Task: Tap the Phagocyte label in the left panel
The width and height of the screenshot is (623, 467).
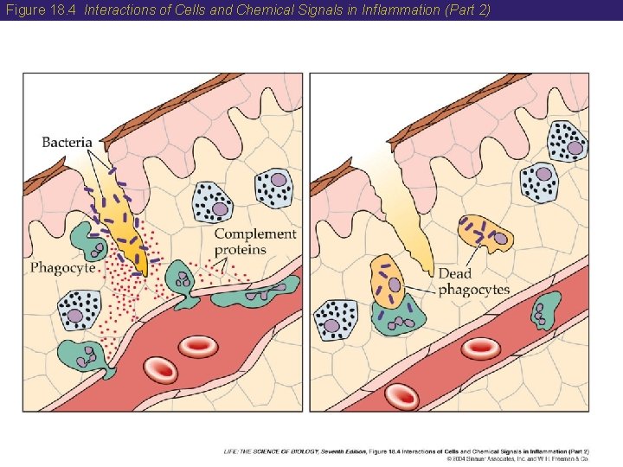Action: pyautogui.click(x=62, y=267)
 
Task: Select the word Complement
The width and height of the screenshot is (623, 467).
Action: pyautogui.click(x=255, y=234)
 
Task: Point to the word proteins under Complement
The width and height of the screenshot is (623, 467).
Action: pyautogui.click(x=241, y=250)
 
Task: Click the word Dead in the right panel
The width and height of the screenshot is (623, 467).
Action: pyautogui.click(x=455, y=274)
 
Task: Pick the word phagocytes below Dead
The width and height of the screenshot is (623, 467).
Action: pyautogui.click(x=473, y=290)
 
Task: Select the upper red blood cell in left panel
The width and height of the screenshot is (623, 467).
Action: pyautogui.click(x=198, y=347)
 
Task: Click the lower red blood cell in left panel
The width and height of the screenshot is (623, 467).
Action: pyautogui.click(x=160, y=370)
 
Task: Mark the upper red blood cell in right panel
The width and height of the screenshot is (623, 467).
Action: pyautogui.click(x=480, y=348)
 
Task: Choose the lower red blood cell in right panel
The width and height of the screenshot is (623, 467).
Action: pyautogui.click(x=402, y=396)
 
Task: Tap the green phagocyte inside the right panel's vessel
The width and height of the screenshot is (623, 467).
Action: pyautogui.click(x=543, y=310)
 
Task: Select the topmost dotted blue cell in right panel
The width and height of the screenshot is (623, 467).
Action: pyautogui.click(x=568, y=139)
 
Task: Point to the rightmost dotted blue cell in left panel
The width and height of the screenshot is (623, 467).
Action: pyautogui.click(x=273, y=188)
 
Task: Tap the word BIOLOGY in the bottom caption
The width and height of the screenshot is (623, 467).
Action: pyautogui.click(x=303, y=451)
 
